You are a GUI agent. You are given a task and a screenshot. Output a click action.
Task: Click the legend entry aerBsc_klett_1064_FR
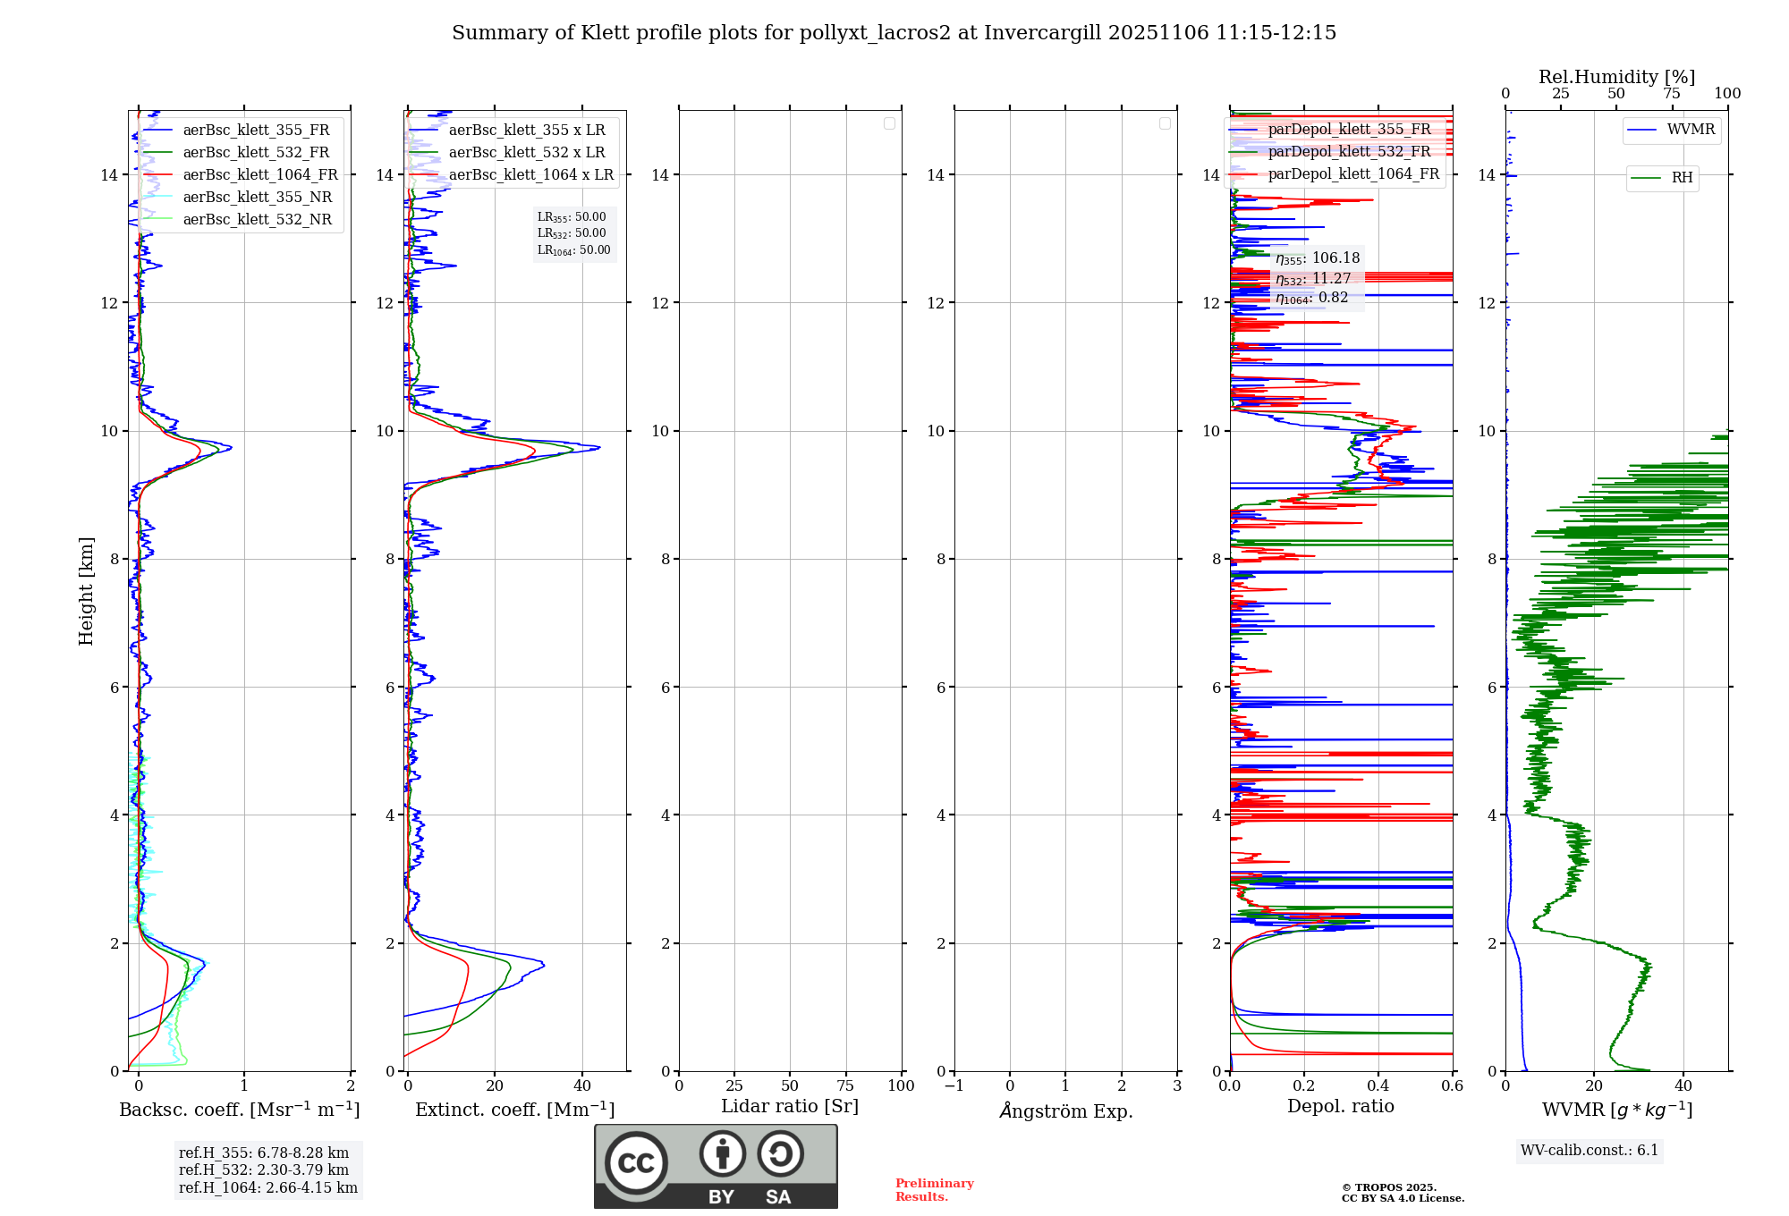click(x=259, y=175)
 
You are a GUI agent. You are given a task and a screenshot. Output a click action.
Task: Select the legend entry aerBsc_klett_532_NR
click(x=257, y=220)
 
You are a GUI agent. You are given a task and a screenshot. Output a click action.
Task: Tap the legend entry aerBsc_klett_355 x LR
click(x=526, y=131)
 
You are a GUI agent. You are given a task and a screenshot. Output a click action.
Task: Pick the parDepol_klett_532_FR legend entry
click(x=1349, y=152)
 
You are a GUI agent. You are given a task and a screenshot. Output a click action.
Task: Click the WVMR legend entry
click(x=1690, y=130)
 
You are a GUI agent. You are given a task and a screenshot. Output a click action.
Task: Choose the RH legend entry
click(x=1681, y=178)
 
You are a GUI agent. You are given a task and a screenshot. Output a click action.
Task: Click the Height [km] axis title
click(x=86, y=591)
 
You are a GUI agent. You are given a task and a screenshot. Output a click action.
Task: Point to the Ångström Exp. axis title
click(x=1065, y=1110)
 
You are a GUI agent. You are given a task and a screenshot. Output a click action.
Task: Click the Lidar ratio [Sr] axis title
click(x=790, y=1106)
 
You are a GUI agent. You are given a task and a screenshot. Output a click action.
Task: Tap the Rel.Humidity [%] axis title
click(x=1616, y=77)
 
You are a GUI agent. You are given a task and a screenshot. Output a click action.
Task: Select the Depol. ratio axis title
click(x=1340, y=1106)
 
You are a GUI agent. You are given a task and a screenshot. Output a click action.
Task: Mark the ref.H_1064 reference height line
click(x=267, y=1188)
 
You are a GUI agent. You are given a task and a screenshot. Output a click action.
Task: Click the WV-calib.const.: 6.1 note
click(x=1590, y=1151)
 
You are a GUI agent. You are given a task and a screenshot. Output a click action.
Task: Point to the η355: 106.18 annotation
click(x=1318, y=258)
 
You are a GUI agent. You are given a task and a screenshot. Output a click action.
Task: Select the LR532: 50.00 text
click(x=572, y=233)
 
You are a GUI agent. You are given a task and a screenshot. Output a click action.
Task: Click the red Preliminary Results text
click(x=934, y=1190)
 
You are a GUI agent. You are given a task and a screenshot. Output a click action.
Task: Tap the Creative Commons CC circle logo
click(x=636, y=1163)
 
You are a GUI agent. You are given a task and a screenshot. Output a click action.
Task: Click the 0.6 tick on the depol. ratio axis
click(x=1452, y=1086)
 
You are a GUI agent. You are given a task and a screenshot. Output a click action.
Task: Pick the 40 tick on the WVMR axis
click(x=1683, y=1086)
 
